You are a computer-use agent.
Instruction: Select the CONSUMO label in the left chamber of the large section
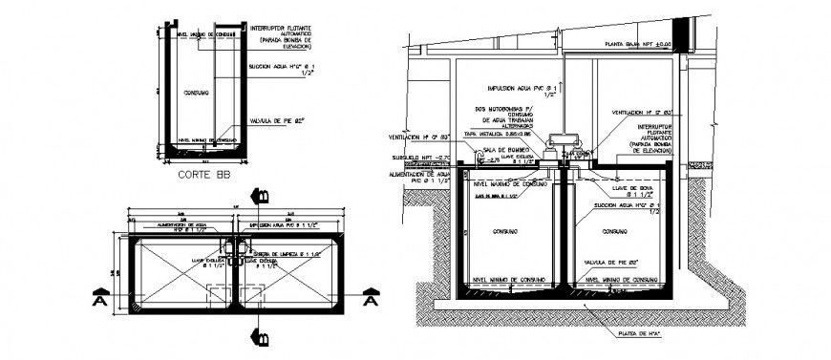coord(507,232)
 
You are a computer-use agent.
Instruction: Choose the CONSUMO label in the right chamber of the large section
coord(615,232)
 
